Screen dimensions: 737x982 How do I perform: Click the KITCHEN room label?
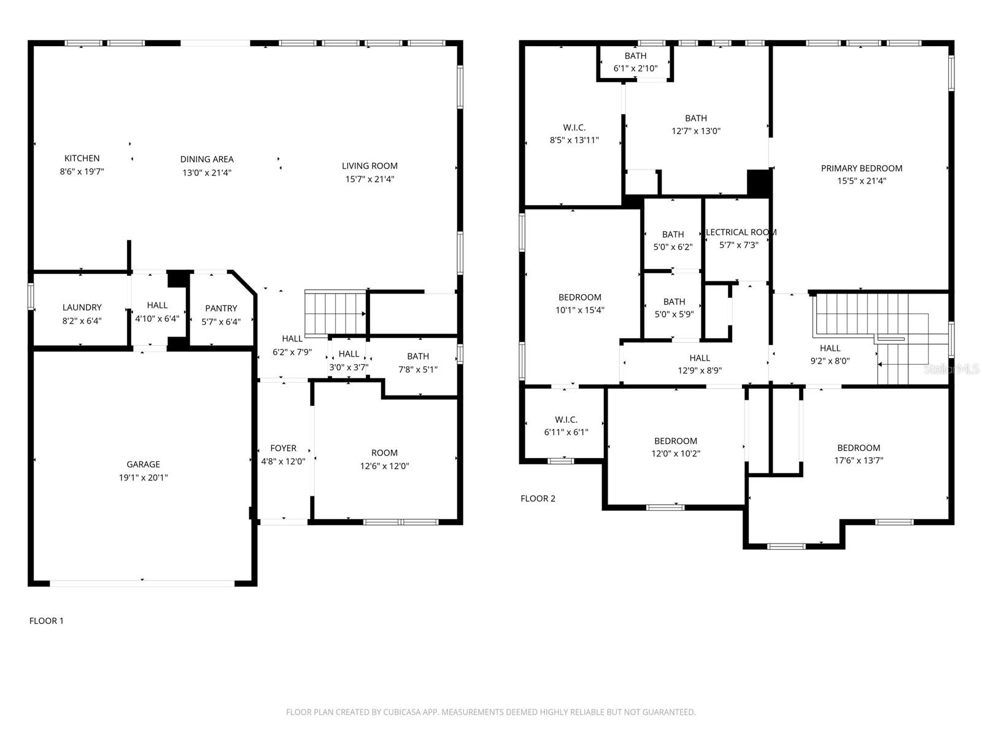point(82,158)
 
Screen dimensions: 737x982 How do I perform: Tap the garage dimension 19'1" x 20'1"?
point(144,477)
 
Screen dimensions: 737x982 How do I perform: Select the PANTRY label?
point(221,308)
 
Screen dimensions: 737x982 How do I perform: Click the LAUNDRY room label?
point(82,307)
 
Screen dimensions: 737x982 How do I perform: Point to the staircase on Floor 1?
point(335,313)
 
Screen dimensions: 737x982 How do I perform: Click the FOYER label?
point(283,448)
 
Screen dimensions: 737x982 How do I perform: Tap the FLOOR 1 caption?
point(47,621)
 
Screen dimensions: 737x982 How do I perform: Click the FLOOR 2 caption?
point(538,498)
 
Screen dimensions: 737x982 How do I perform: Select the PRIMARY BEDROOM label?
point(861,168)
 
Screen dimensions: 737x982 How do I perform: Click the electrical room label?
point(741,232)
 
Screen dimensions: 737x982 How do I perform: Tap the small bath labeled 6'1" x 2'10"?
point(635,62)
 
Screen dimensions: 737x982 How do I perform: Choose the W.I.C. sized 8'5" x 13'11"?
point(574,134)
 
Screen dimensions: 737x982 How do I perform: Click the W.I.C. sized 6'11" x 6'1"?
point(566,426)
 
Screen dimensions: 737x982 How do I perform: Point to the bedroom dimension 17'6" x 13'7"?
point(859,461)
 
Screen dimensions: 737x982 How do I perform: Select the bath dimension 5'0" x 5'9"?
point(674,314)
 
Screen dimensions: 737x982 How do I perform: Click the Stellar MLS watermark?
point(951,369)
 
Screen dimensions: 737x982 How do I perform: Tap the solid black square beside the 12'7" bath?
point(758,182)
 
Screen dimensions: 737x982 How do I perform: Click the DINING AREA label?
point(207,159)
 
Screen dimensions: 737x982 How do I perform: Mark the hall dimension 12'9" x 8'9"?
point(700,370)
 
